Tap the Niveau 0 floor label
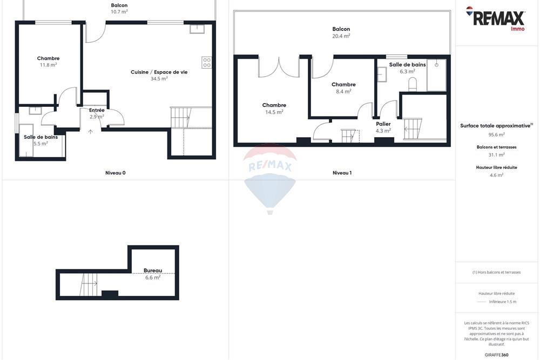[116, 173]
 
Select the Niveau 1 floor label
[342, 173]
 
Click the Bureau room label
[153, 270]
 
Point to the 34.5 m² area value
[159, 79]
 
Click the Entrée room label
[97, 110]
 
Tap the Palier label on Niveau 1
[383, 124]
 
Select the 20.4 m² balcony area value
[341, 36]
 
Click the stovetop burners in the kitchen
[206, 63]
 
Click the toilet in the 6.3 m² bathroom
[413, 84]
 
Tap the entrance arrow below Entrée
[90, 132]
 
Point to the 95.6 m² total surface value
[497, 135]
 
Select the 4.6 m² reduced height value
[497, 175]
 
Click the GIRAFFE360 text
[497, 355]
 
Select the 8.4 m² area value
[343, 92]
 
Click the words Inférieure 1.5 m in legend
[503, 302]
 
